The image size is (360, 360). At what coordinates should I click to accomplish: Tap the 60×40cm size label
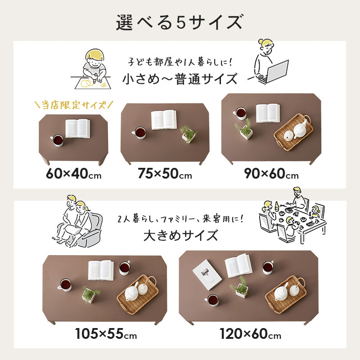[x=74, y=174]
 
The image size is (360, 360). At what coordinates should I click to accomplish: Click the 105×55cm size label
[x=106, y=334]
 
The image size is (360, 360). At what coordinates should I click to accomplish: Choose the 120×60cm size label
[x=250, y=334]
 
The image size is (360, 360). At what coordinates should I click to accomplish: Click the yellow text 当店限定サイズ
[x=74, y=106]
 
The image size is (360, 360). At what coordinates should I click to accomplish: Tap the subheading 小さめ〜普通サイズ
[x=180, y=79]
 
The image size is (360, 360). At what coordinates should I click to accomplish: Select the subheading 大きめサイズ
[x=180, y=235]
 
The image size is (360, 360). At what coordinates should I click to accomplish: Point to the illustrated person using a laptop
[x=269, y=63]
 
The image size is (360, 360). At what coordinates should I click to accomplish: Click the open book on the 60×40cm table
[x=77, y=128]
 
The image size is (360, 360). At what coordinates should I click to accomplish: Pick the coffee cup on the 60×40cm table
[x=57, y=140]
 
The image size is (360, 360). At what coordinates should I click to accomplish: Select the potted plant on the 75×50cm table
[x=188, y=134]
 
